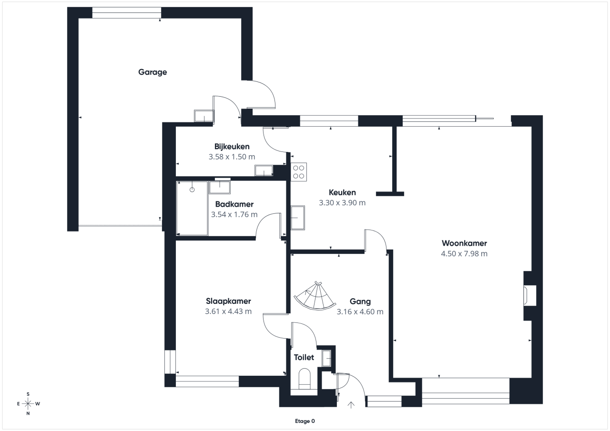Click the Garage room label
[152, 72]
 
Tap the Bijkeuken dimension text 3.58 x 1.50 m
[232, 157]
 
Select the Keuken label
[342, 192]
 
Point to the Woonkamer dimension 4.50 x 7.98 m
[464, 253]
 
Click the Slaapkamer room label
[228, 301]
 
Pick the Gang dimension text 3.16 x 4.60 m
[360, 311]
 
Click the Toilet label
[304, 357]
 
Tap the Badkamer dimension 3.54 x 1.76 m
[234, 214]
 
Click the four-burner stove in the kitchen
[299, 172]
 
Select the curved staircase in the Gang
[315, 296]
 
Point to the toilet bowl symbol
[305, 379]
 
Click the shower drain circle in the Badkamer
[192, 190]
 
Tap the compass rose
[28, 404]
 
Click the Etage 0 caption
[305, 421]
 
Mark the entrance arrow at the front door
[351, 405]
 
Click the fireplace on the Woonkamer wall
[529, 295]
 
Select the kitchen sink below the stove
[298, 218]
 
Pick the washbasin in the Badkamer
[220, 188]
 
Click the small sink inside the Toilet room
[326, 358]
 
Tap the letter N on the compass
[28, 413]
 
